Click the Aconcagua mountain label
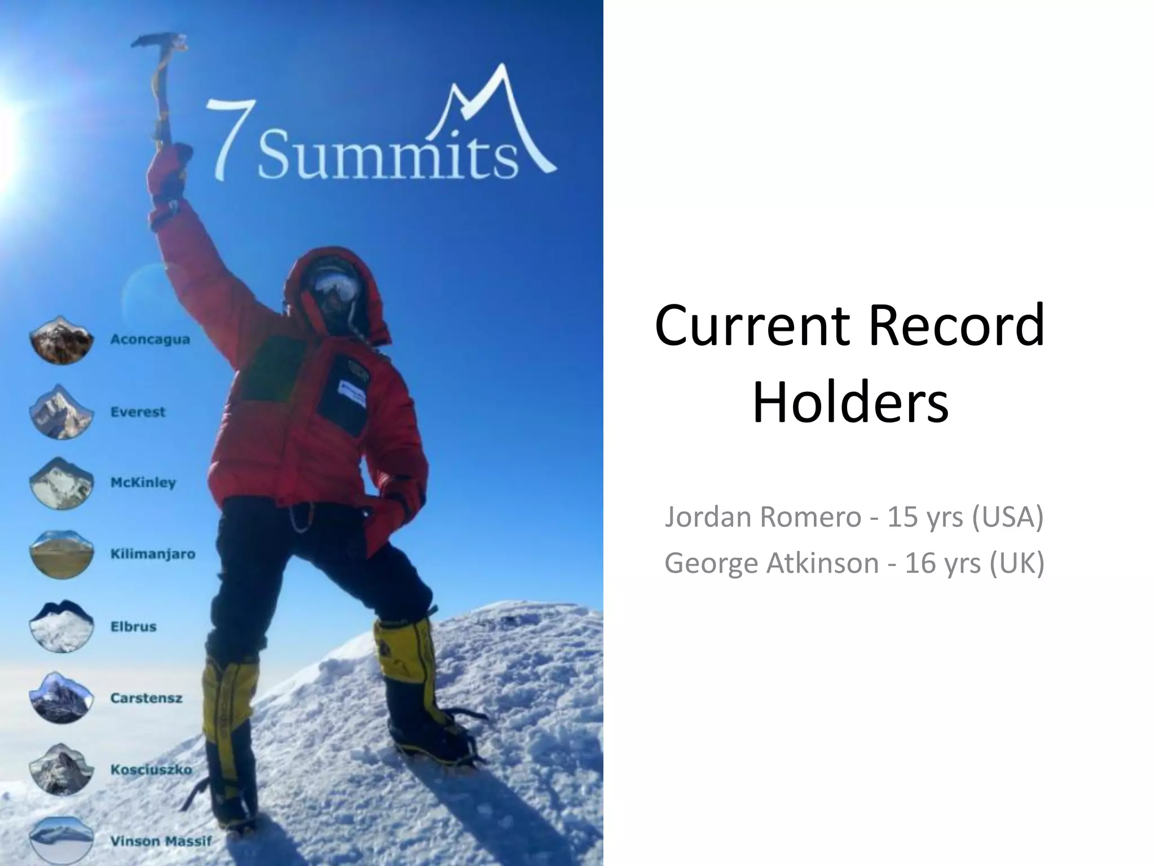150,339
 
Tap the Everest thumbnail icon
61,412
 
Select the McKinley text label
143,483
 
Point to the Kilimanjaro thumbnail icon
61,554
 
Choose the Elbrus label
133,626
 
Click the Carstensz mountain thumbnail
61,697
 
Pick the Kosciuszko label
151,770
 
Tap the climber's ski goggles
337,287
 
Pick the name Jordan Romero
762,516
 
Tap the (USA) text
1008,516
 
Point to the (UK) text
1017,563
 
